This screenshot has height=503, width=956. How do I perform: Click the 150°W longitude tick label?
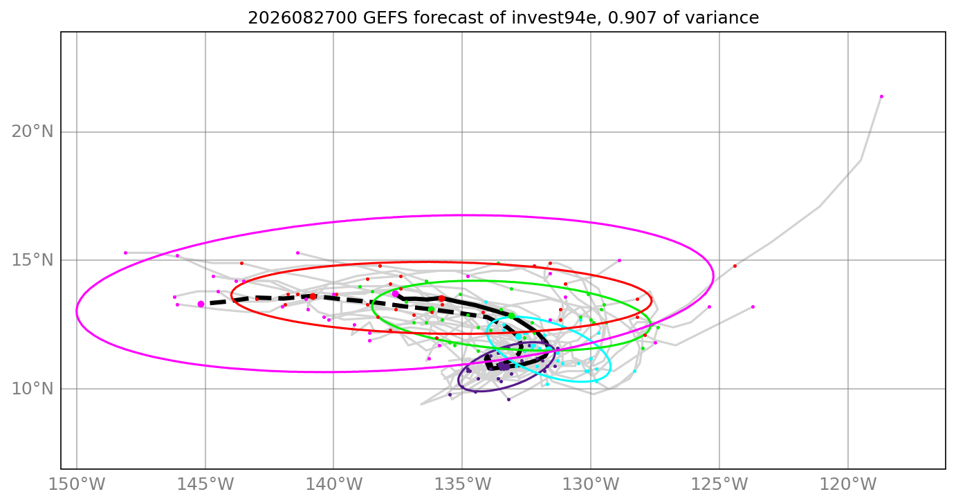tap(77, 484)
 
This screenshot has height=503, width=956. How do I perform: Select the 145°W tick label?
tap(205, 484)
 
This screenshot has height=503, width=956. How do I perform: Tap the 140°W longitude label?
tap(333, 484)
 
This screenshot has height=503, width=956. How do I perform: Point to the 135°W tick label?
tap(462, 484)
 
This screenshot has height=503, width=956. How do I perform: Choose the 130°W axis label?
tap(591, 484)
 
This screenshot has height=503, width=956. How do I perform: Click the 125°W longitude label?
tap(719, 484)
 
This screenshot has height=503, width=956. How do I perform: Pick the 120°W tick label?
tap(848, 484)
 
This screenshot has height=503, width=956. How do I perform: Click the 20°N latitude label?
tap(33, 131)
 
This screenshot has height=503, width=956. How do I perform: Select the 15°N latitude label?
tap(33, 260)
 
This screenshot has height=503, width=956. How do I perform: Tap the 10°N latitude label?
tap(33, 389)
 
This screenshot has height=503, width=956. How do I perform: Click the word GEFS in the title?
tap(387, 18)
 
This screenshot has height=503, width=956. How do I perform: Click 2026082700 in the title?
tap(302, 18)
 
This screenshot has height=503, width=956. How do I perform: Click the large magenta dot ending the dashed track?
tap(201, 304)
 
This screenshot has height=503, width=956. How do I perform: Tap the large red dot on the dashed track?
tap(313, 296)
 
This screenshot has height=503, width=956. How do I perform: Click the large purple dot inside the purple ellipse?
tap(504, 367)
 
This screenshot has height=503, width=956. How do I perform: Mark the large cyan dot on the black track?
tap(518, 336)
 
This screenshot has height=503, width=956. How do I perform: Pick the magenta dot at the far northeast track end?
tap(881, 96)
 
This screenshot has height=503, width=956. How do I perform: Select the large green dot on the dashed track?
tap(431, 309)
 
